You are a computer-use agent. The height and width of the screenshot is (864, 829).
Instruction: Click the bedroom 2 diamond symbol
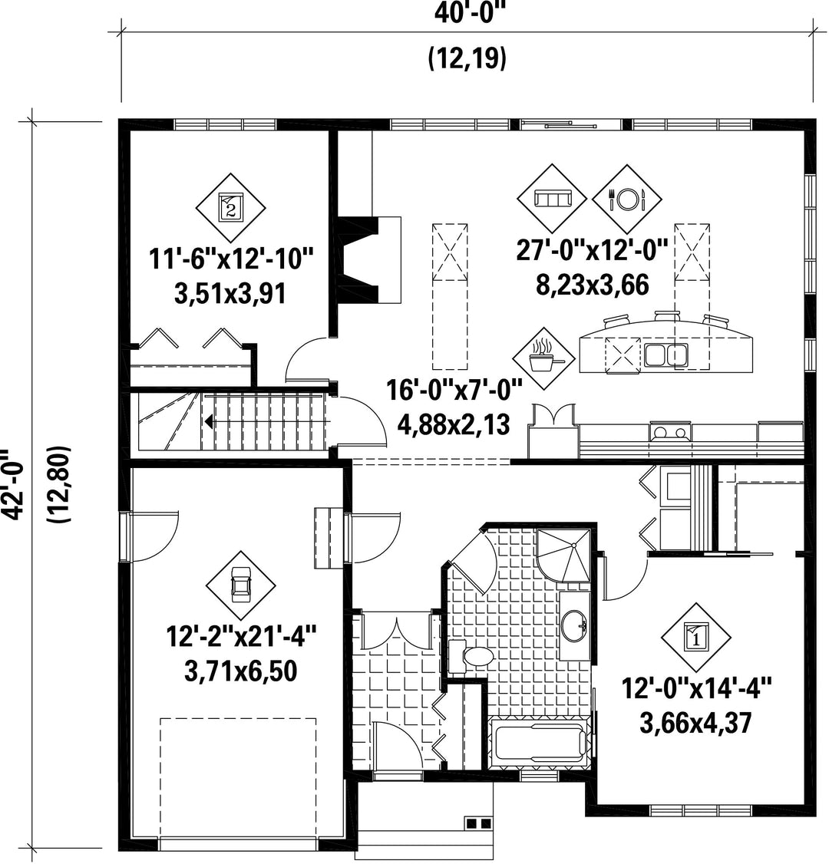point(231,208)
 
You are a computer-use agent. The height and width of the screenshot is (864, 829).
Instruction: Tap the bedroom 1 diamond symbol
point(696,638)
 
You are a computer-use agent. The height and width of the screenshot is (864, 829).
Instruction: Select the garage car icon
point(241,585)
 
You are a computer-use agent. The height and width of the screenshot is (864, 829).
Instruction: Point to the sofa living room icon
point(552,199)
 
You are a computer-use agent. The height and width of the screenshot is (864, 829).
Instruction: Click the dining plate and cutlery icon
point(626,199)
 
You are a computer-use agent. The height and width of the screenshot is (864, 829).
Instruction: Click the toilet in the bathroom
point(471,656)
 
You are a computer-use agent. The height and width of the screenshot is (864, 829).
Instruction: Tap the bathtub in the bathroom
point(540,742)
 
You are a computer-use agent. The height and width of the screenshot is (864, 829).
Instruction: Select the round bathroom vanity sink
point(575,625)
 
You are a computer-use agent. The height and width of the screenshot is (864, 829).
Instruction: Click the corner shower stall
point(564,555)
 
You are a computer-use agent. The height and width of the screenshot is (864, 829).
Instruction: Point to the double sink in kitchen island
point(666,355)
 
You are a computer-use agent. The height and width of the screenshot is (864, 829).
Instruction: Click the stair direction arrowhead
point(209,421)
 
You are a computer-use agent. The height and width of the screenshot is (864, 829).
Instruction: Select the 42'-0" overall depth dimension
point(13,484)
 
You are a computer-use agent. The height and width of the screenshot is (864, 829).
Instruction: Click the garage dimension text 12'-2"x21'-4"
point(242,638)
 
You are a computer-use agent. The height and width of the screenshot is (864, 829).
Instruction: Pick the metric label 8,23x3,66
point(592,285)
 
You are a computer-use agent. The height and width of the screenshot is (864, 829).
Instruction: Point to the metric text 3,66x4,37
point(695,722)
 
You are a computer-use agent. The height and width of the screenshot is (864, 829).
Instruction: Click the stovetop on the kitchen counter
point(670,431)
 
